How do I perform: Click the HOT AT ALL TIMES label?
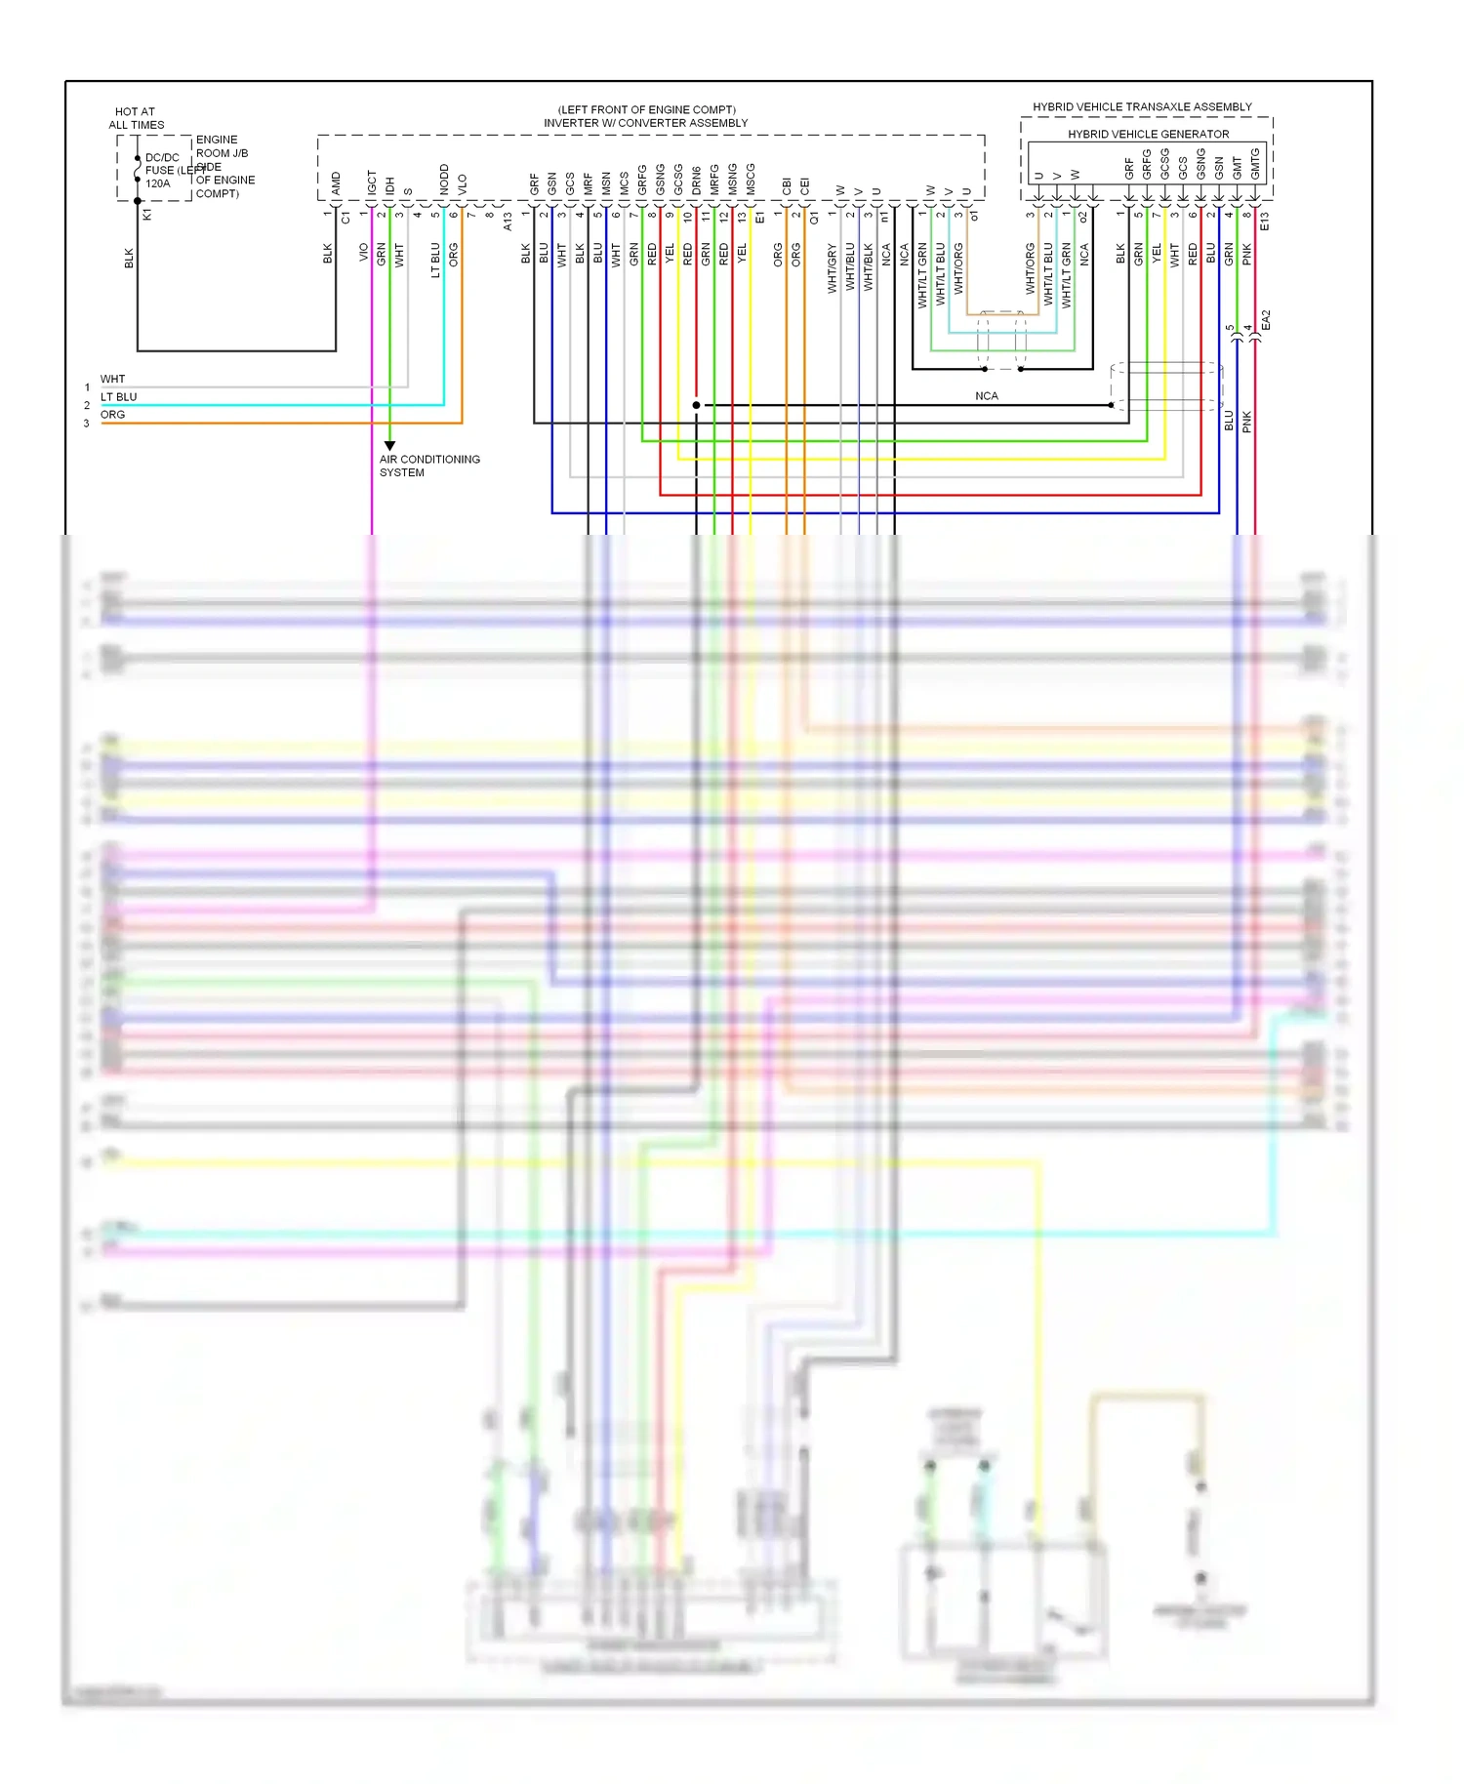click(x=136, y=118)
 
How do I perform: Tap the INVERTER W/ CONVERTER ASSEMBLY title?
click(x=645, y=123)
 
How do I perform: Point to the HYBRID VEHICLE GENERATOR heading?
click(x=1148, y=134)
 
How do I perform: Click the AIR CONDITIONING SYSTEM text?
click(x=428, y=466)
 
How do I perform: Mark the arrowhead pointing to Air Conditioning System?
click(x=389, y=445)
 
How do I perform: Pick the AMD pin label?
click(x=336, y=182)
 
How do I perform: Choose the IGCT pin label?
click(x=372, y=182)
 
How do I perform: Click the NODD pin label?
click(x=444, y=180)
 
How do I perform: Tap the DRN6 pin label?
click(x=696, y=180)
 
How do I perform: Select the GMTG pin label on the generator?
click(x=1255, y=163)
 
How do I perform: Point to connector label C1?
click(x=346, y=218)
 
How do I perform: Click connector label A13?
click(x=508, y=222)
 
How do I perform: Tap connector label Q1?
click(x=814, y=218)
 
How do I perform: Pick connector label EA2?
click(x=1266, y=319)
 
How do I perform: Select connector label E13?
click(x=1265, y=221)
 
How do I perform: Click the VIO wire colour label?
click(x=363, y=253)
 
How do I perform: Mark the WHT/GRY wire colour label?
click(x=832, y=268)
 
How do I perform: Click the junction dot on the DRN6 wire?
click(x=696, y=405)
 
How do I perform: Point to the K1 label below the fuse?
click(x=147, y=215)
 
